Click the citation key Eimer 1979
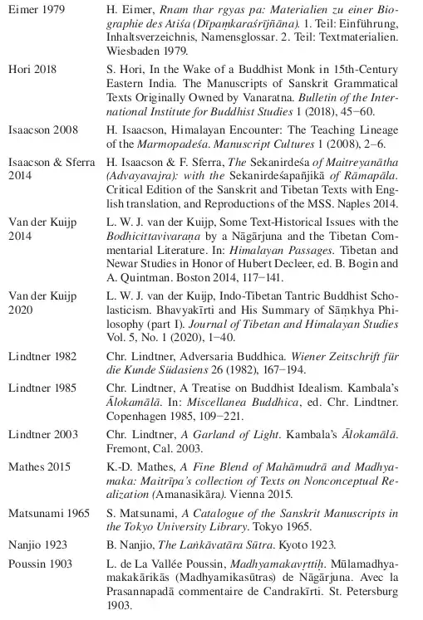[34, 9]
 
